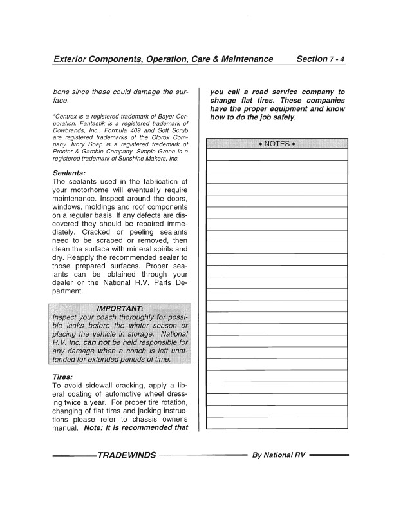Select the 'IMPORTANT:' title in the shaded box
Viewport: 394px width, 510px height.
pyautogui.click(x=120, y=308)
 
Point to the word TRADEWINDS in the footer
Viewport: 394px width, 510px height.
pyautogui.click(x=127, y=455)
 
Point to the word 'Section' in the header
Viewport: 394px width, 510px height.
pyautogui.click(x=312, y=59)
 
